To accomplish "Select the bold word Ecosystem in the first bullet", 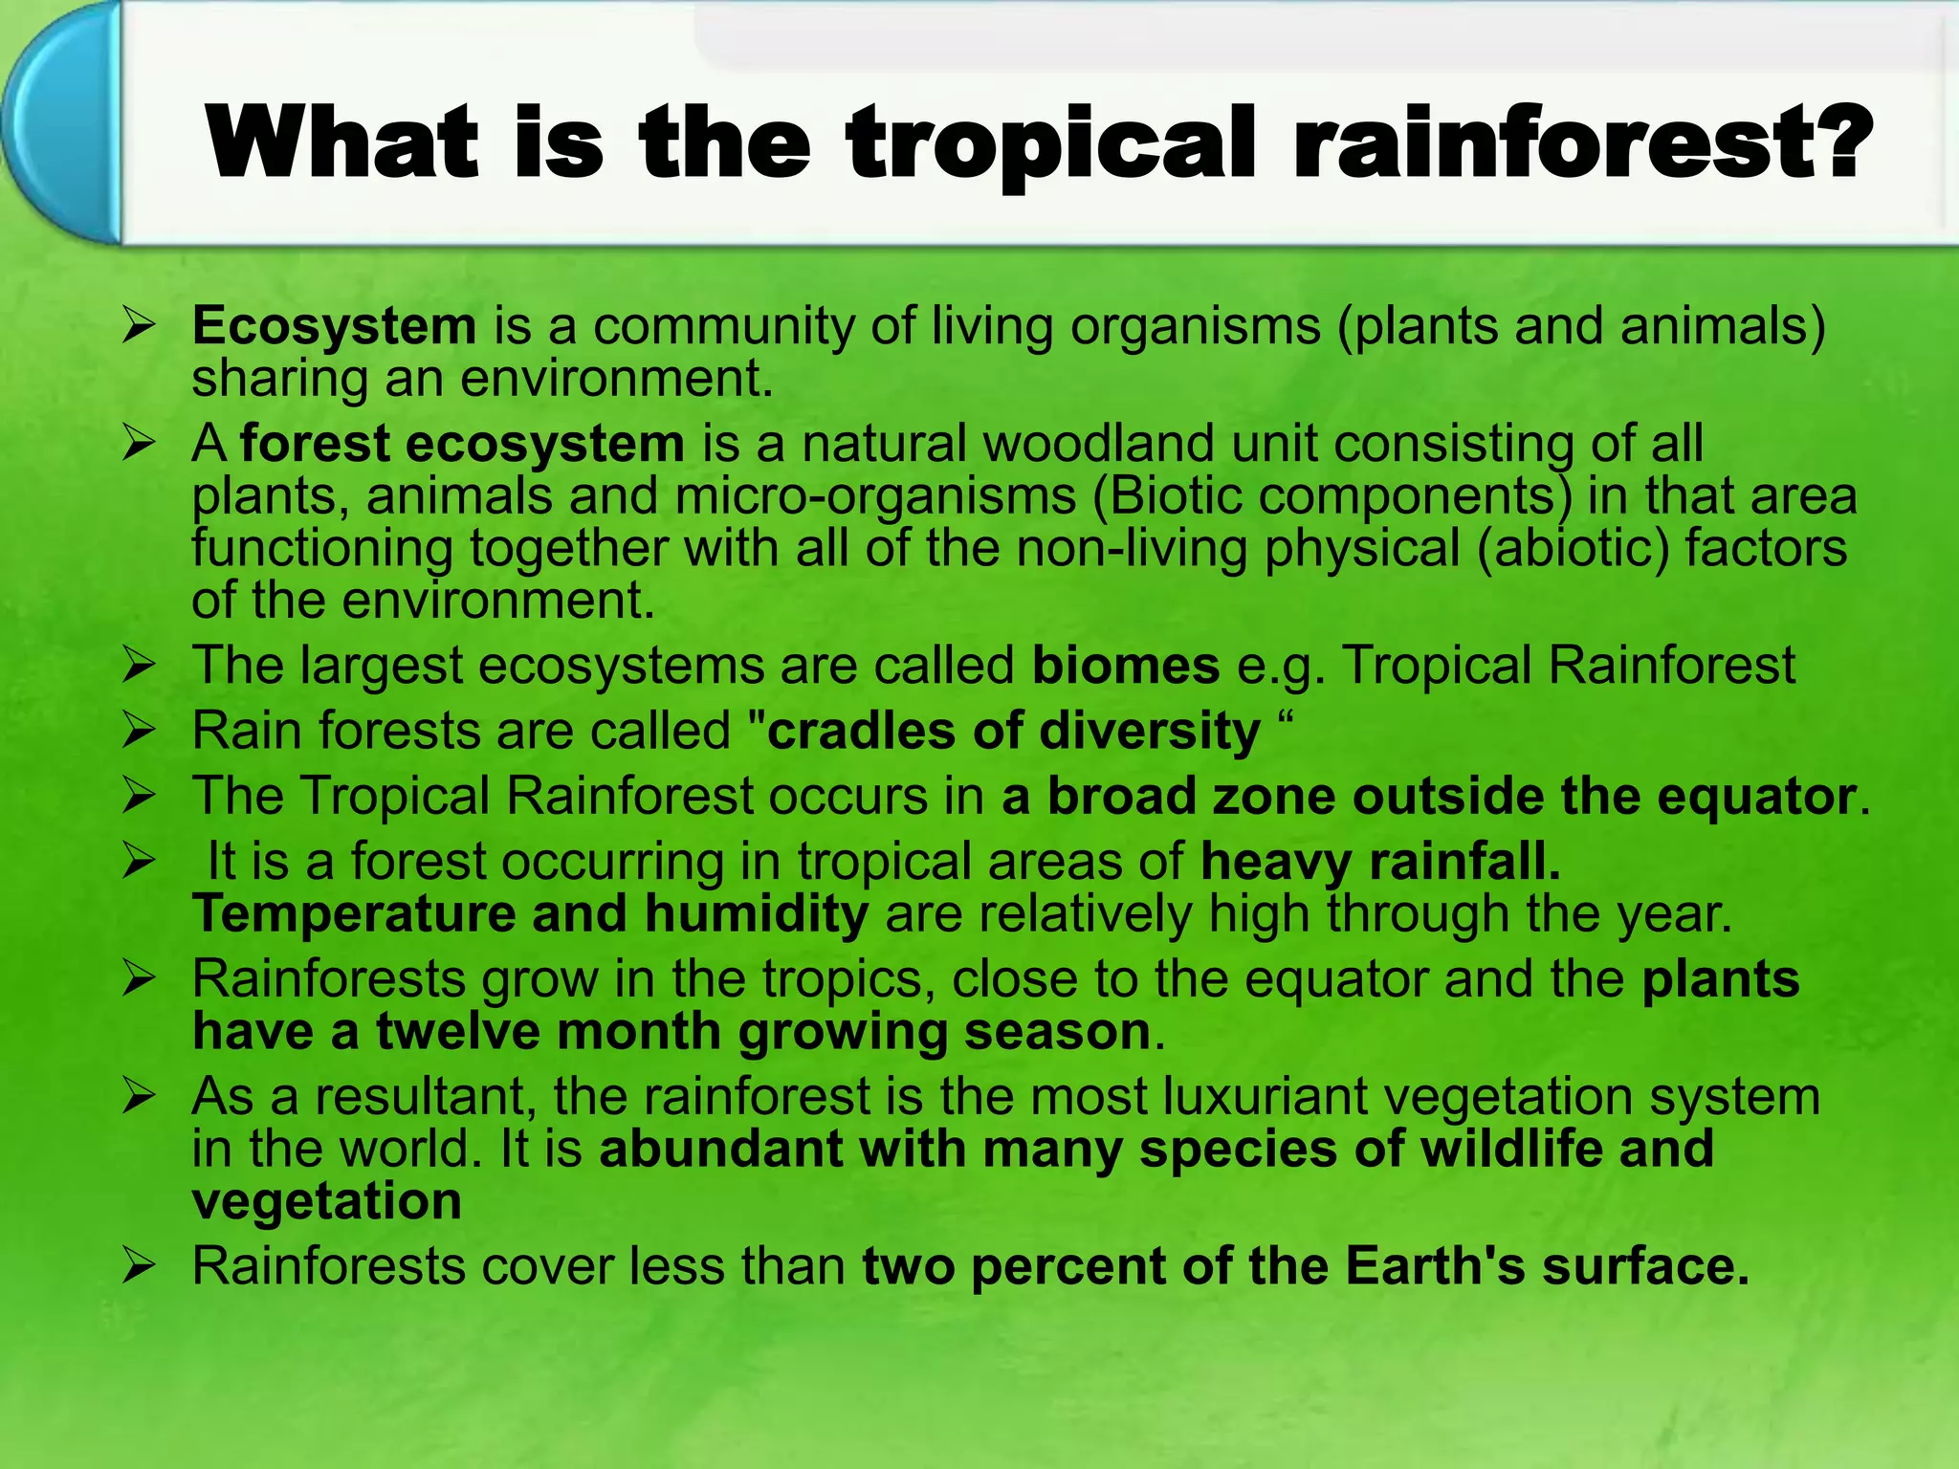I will [x=334, y=326].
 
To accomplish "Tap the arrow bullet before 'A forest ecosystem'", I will [x=139, y=445].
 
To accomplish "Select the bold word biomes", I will [x=1126, y=666].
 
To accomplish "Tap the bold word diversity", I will [x=1150, y=732].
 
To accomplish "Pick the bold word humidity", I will [x=756, y=913].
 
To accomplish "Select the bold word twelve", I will [x=458, y=1032].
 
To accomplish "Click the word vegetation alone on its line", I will [x=327, y=1201].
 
